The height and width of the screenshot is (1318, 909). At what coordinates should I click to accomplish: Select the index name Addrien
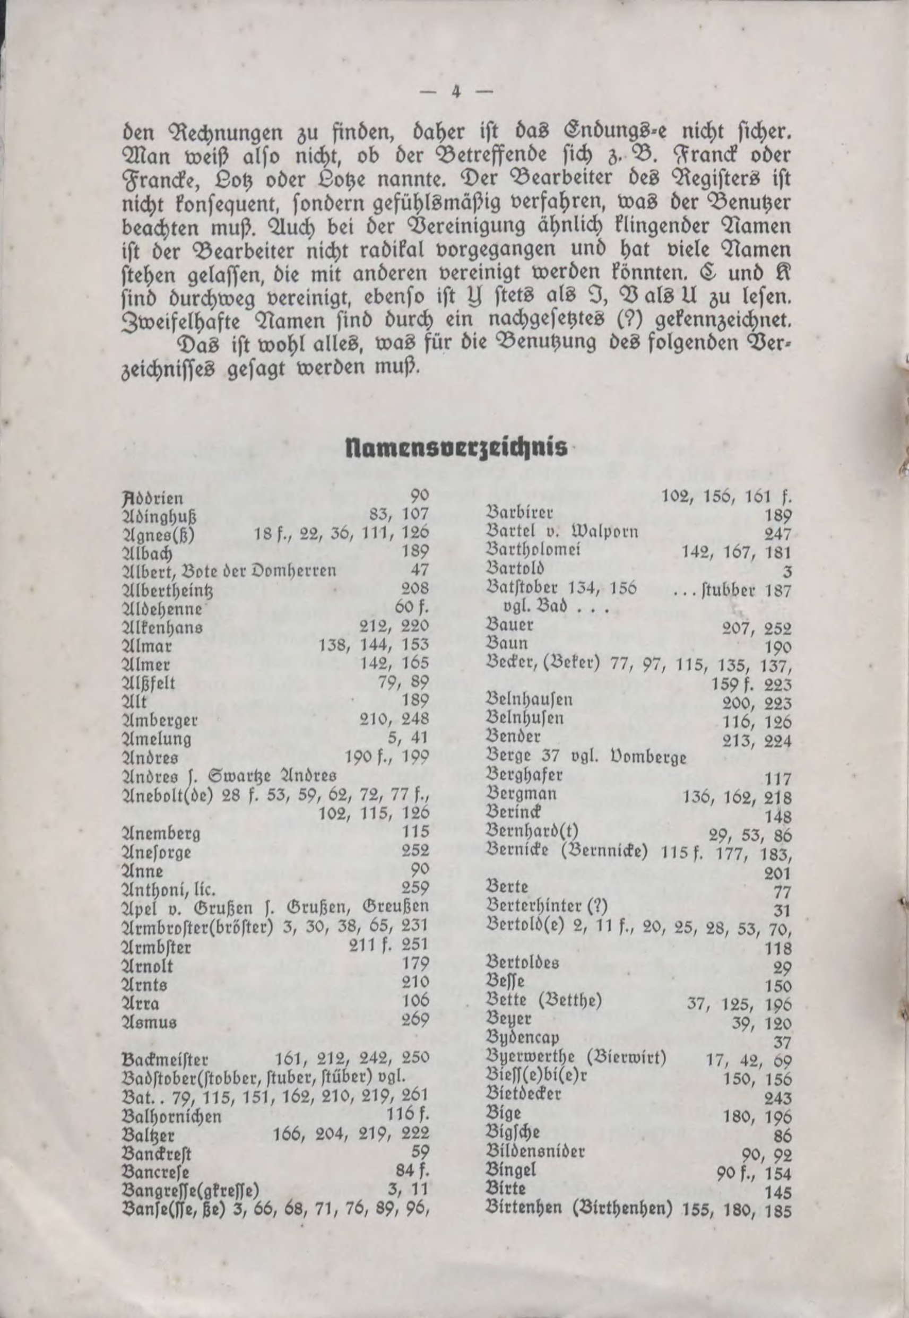[153, 499]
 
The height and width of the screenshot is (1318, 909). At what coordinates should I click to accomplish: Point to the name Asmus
[150, 1021]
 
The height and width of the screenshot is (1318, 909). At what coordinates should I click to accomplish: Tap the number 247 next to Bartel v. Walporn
[778, 533]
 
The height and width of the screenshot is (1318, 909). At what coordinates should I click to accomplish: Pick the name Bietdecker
[523, 1094]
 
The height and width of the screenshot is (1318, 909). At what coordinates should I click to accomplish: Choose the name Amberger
[160, 720]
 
